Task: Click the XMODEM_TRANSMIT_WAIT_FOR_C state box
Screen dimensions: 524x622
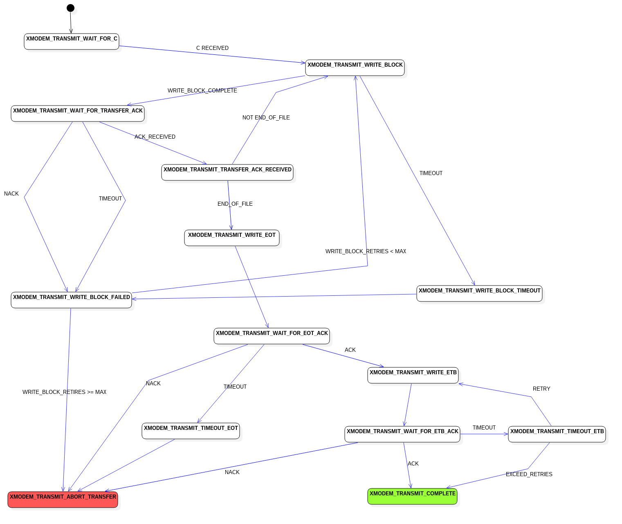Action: coord(72,42)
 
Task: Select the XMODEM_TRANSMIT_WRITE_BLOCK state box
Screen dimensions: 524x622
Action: coord(355,68)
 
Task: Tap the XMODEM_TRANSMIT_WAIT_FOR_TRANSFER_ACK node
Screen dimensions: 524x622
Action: coord(78,114)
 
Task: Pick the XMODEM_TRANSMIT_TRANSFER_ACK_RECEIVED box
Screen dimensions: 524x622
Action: coord(227,173)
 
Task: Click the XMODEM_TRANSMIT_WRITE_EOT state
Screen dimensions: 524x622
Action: coord(232,238)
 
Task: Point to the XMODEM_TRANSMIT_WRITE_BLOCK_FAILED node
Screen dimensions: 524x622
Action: coord(72,300)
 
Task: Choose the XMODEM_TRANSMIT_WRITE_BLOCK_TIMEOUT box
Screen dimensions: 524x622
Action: coord(479,294)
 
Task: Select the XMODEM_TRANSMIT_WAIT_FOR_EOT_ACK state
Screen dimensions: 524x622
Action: coord(272,336)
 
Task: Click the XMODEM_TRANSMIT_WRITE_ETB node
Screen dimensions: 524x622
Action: coord(413,376)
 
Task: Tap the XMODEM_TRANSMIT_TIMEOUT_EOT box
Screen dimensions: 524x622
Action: coord(191,431)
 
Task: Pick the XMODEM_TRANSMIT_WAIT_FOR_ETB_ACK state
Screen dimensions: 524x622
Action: coord(402,434)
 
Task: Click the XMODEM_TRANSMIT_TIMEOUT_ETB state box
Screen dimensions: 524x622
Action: coord(557,434)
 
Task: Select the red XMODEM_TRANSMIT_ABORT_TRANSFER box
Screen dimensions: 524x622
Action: coord(63,500)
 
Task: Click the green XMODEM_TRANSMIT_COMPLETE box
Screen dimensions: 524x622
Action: coord(413,497)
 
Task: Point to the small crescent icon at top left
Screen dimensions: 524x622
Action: coord(74,11)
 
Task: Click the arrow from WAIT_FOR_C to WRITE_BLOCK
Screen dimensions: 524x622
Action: coord(213,54)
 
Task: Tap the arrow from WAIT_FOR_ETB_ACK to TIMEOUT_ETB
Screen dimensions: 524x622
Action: coord(484,434)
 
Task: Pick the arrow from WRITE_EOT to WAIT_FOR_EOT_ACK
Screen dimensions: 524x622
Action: coord(252,286)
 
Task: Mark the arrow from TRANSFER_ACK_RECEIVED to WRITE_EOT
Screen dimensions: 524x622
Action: coord(229,205)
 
